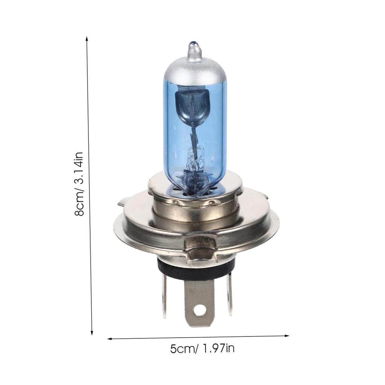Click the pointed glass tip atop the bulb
point(194,49)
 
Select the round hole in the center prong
point(200,310)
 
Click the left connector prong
point(164,297)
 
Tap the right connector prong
point(229,295)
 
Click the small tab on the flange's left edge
point(121,204)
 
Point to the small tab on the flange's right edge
point(266,196)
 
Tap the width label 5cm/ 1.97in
point(202,349)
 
